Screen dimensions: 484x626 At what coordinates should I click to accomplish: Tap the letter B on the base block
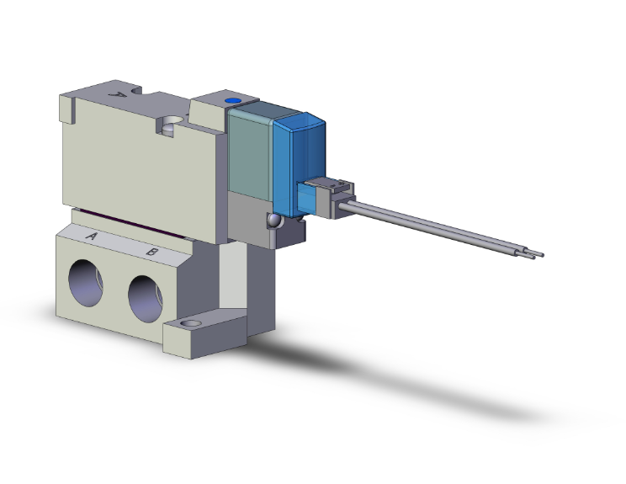coord(151,251)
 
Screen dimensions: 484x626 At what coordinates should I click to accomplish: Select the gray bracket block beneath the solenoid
coord(252,223)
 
